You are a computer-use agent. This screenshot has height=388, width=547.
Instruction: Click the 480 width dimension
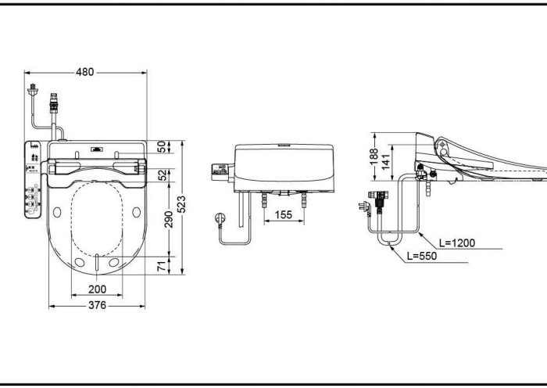click(x=84, y=72)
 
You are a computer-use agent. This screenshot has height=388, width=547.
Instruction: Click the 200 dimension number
click(x=97, y=289)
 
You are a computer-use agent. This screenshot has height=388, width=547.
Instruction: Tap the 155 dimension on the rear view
click(x=284, y=214)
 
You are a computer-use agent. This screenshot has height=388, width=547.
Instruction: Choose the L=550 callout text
click(x=423, y=256)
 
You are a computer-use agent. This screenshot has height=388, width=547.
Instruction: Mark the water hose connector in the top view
click(x=55, y=102)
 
